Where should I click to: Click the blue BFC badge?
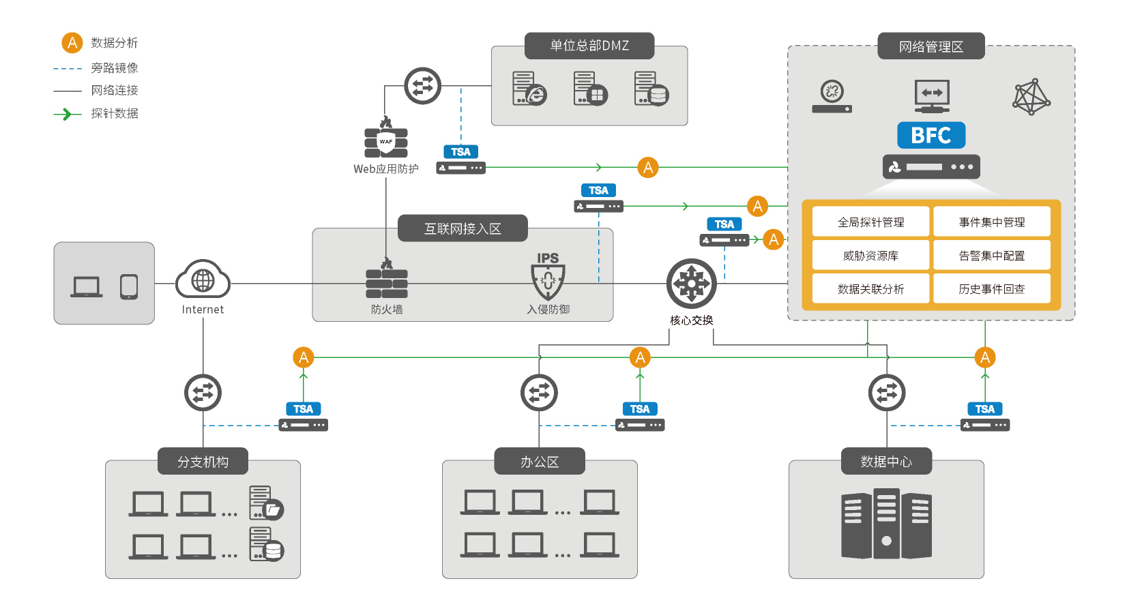click(x=931, y=135)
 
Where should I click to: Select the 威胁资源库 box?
click(x=870, y=256)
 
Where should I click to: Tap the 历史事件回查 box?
click(x=991, y=289)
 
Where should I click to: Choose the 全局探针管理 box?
click(x=870, y=222)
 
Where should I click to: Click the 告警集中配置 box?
click(x=991, y=256)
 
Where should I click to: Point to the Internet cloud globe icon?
click(x=203, y=280)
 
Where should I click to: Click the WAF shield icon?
click(x=386, y=142)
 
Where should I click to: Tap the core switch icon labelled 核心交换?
click(x=691, y=284)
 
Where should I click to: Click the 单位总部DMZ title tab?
click(x=589, y=46)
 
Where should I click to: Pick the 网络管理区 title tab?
click(x=930, y=46)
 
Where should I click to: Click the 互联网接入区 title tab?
click(x=463, y=228)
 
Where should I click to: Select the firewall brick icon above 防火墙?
click(x=387, y=282)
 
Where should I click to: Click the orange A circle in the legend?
click(x=72, y=42)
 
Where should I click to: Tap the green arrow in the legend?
click(x=67, y=114)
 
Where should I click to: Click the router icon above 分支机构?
click(x=203, y=393)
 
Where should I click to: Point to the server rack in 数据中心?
click(x=886, y=523)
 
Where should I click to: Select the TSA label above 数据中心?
click(x=984, y=409)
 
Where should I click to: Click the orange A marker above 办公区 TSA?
click(x=640, y=357)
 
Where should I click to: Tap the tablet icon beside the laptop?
click(x=129, y=286)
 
